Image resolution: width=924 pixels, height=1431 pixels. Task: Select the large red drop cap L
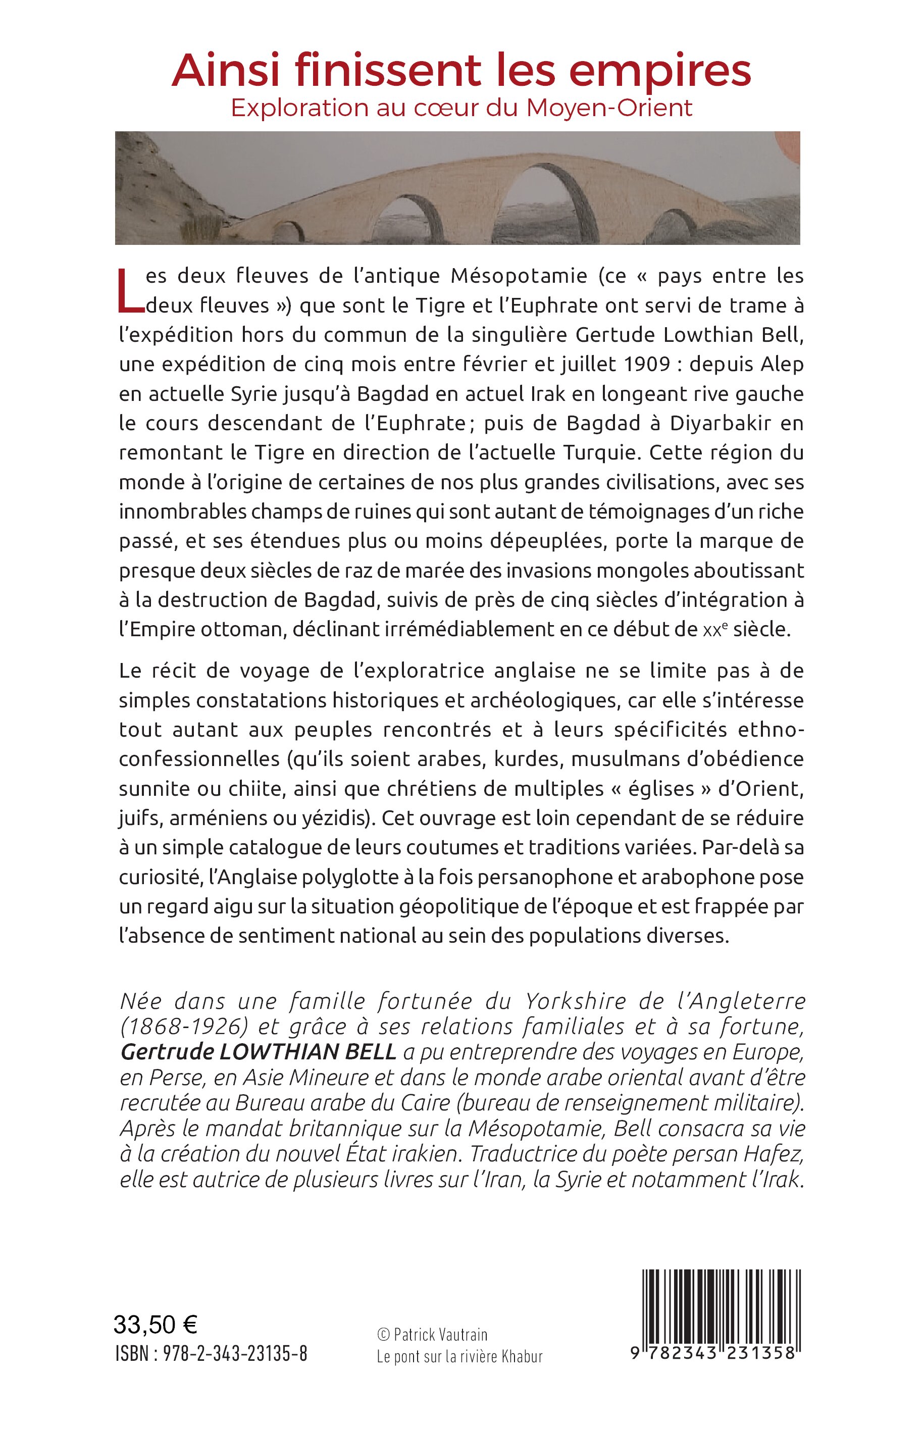coord(130,291)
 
